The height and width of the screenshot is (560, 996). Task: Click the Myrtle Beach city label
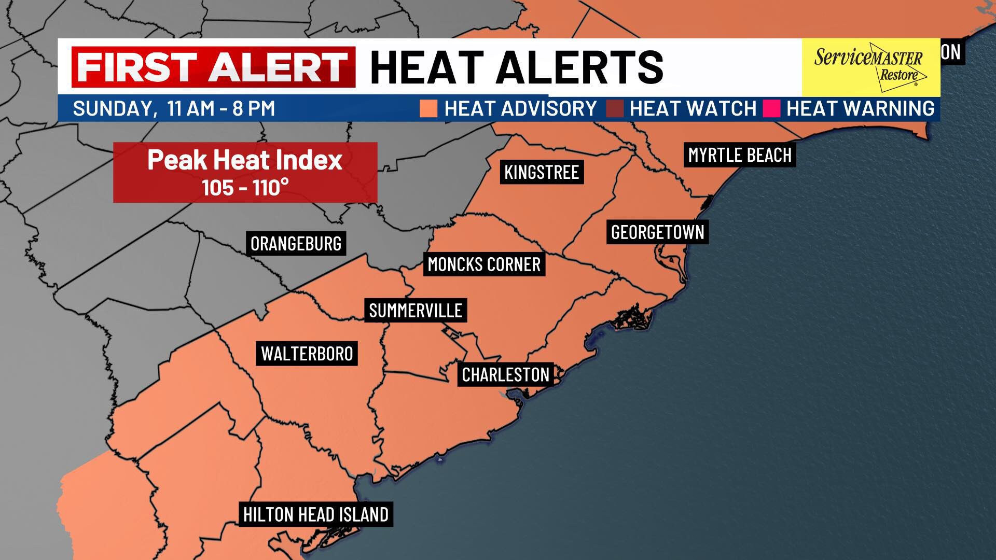pyautogui.click(x=740, y=155)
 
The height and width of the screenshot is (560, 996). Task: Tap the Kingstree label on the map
pyautogui.click(x=542, y=172)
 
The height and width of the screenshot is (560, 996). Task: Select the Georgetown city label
pyautogui.click(x=657, y=232)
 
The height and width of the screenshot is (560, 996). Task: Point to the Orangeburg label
pyautogui.click(x=296, y=243)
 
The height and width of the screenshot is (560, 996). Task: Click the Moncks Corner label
pyautogui.click(x=484, y=264)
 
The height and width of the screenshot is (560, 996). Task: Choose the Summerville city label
pyautogui.click(x=416, y=310)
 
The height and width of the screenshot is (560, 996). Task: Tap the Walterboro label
pyautogui.click(x=307, y=354)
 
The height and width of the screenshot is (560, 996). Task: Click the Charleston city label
pyautogui.click(x=505, y=374)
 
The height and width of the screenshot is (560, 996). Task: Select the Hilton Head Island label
pyautogui.click(x=316, y=514)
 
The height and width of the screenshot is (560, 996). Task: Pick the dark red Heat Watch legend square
pyautogui.click(x=614, y=108)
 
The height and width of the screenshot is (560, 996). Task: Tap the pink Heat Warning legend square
pyautogui.click(x=771, y=108)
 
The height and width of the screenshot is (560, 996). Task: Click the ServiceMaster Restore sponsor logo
pyautogui.click(x=870, y=67)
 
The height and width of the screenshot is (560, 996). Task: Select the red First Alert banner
pyautogui.click(x=213, y=67)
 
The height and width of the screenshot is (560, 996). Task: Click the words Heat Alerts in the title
pyautogui.click(x=517, y=67)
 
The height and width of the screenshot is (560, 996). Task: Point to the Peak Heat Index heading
pyautogui.click(x=245, y=160)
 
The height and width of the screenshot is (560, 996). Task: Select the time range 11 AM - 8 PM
pyautogui.click(x=221, y=108)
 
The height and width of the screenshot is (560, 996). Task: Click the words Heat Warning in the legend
pyautogui.click(x=860, y=108)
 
